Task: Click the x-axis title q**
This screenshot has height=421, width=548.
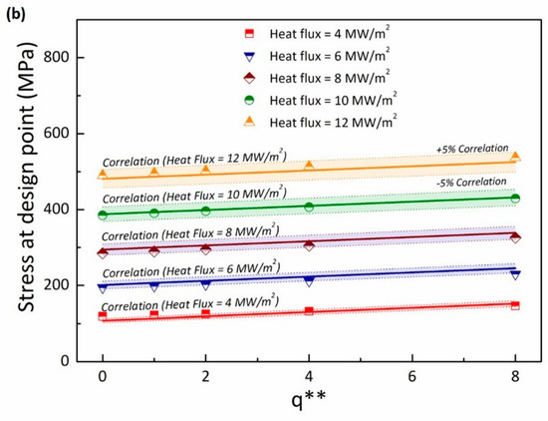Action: tap(308, 404)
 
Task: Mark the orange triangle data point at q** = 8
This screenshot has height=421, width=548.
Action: tap(515, 157)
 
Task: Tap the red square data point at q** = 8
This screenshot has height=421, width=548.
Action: tap(515, 305)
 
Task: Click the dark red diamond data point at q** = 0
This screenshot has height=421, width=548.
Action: tap(103, 252)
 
